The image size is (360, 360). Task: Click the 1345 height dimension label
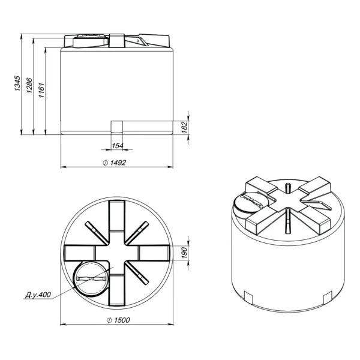coord(17,83)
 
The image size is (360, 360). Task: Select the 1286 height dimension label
coord(29,85)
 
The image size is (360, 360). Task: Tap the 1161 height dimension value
coord(41,90)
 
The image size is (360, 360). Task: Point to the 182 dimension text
coord(184,127)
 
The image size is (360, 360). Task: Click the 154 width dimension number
coord(118,146)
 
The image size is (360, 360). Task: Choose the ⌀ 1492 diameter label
coord(115,163)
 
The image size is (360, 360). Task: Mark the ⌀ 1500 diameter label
coord(118,320)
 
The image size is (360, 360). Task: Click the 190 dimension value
coord(184,253)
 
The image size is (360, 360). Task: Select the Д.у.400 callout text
coord(38,295)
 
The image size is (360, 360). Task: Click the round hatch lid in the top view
coord(91,278)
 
